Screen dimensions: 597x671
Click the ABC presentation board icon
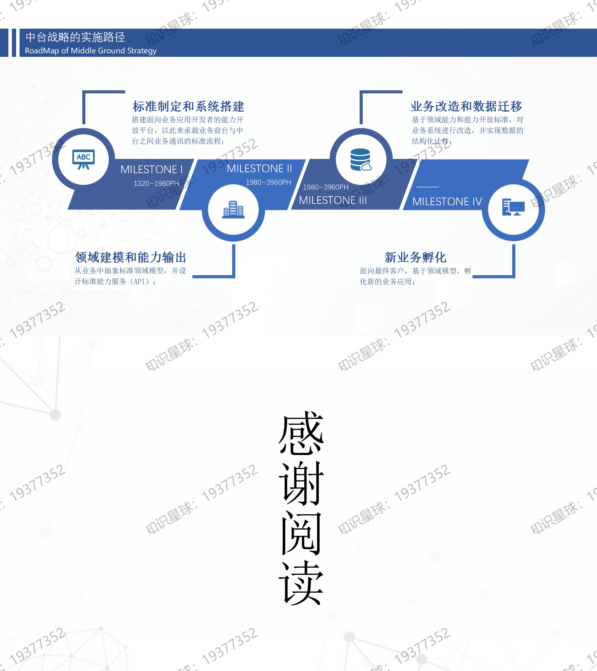[83, 159]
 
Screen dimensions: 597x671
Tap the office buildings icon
[233, 209]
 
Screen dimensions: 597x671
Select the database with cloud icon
[361, 160]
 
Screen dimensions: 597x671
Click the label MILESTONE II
[259, 168]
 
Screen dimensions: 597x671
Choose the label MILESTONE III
[333, 200]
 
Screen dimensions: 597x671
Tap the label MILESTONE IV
[447, 201]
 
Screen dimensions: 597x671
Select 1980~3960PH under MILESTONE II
[268, 182]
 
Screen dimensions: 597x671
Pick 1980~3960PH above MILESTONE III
[326, 187]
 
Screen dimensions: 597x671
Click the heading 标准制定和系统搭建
[188, 106]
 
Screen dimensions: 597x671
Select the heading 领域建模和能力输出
[130, 257]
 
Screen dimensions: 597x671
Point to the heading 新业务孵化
[415, 257]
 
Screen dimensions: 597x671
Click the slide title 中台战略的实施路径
[75, 37]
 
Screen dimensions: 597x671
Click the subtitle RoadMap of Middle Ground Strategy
[91, 51]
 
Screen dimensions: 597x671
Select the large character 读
[301, 582]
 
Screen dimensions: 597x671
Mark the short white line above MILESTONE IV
[427, 187]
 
